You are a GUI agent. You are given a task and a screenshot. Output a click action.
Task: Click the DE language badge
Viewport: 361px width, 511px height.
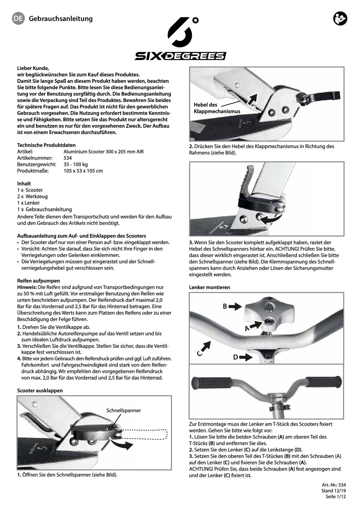[x=18, y=18]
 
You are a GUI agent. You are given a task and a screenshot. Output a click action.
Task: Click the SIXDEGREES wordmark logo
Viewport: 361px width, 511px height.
[x=180, y=56]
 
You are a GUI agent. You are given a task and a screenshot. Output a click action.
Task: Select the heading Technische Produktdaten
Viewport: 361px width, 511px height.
[x=46, y=145]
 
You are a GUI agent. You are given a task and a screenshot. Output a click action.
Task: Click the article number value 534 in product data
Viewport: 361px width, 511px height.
[x=68, y=158]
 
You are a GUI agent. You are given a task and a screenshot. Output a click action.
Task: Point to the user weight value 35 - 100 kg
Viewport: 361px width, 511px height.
[x=75, y=164]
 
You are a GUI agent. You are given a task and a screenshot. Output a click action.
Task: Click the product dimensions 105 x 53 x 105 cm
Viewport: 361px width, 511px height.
[x=83, y=171]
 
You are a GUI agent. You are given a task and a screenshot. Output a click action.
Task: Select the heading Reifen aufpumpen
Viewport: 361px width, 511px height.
[x=39, y=281]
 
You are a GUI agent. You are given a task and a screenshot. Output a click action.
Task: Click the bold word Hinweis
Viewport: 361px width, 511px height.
[x=27, y=287]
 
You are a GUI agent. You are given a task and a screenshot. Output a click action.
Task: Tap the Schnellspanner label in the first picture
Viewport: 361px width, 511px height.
[x=123, y=410]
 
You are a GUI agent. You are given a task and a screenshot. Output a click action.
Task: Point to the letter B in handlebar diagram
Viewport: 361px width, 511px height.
[x=225, y=307]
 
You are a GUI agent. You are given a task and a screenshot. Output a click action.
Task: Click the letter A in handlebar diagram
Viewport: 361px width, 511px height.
[x=247, y=329]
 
